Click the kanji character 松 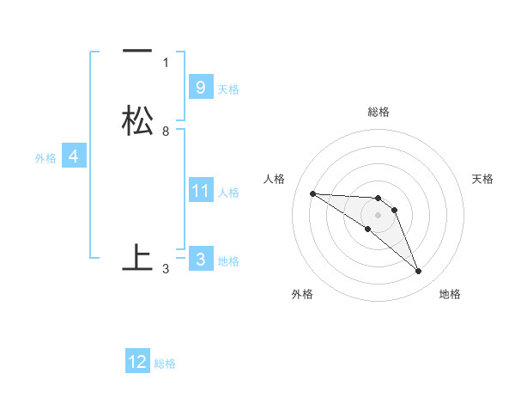click(137, 119)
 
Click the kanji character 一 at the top click(137, 51)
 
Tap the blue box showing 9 click(200, 87)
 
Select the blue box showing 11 click(200, 190)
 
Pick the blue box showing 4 click(74, 156)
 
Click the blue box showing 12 click(137, 362)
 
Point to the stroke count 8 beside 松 click(166, 132)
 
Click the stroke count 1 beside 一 click(166, 62)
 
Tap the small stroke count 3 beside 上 click(166, 269)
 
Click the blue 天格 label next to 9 click(228, 89)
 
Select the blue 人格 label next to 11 click(228, 193)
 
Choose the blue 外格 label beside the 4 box click(45, 158)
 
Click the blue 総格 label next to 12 click(165, 364)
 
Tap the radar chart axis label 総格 click(379, 112)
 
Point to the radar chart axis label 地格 click(450, 294)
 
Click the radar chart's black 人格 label click(275, 179)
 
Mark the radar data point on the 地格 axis click(418, 272)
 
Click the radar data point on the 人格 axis click(312, 193)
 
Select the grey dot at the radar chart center click(378, 215)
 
